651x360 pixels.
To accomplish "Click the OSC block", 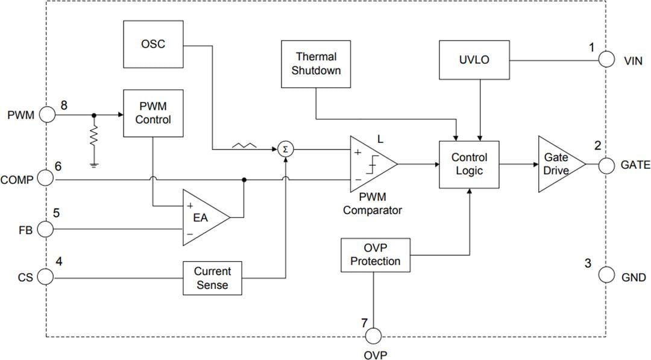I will pyautogui.click(x=153, y=45).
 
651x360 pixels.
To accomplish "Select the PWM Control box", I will pyautogui.click(x=153, y=112).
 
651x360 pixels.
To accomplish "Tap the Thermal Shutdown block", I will pyautogui.click(x=316, y=63).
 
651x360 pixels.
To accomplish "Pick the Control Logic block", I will pyautogui.click(x=470, y=163).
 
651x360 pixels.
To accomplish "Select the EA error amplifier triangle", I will pyautogui.click(x=203, y=218).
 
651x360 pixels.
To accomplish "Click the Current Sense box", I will pyautogui.click(x=212, y=278).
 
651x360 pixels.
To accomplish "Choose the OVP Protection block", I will pyautogui.click(x=375, y=255).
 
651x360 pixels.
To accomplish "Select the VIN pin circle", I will pyautogui.click(x=606, y=60).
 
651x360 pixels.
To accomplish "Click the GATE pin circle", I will pyautogui.click(x=606, y=164).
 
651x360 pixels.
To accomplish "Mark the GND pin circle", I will pyautogui.click(x=606, y=276).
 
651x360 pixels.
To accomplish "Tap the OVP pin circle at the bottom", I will pyautogui.click(x=374, y=335).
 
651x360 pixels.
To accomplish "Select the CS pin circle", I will pyautogui.click(x=46, y=277).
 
